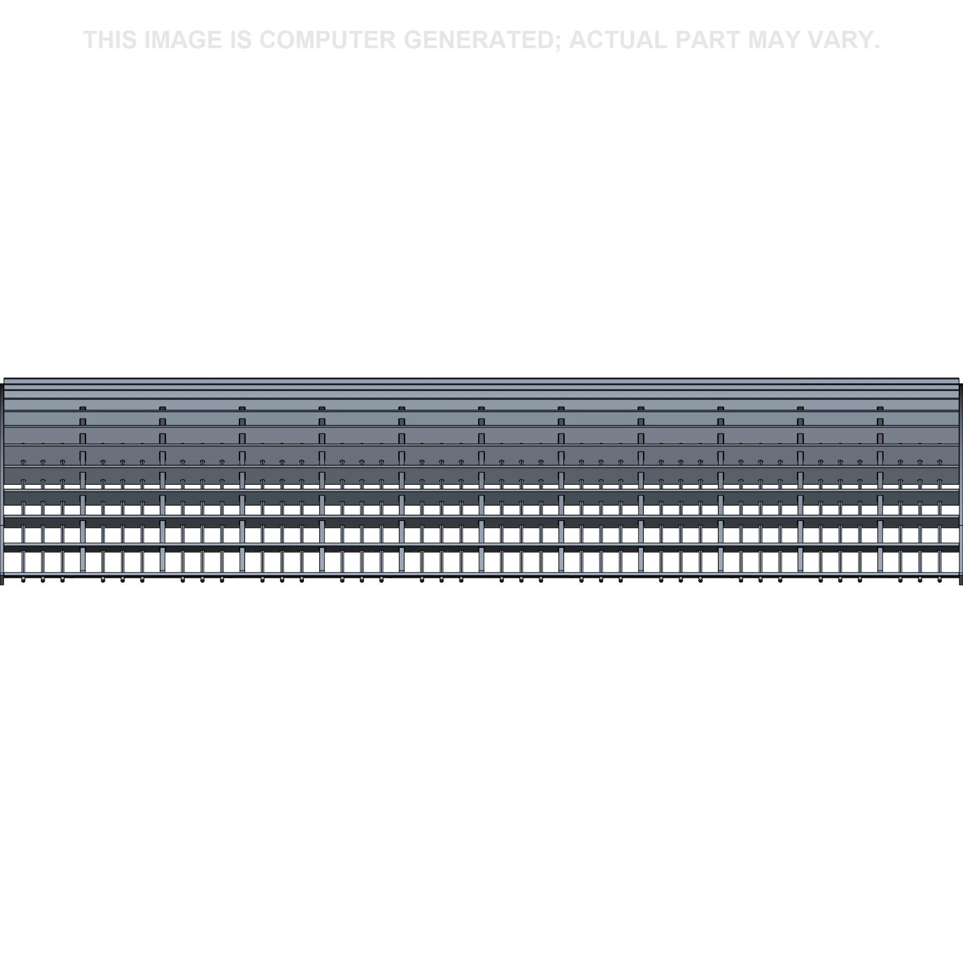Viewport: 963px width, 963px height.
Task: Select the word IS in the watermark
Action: tap(241, 40)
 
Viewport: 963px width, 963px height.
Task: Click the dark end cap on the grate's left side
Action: tap(2, 483)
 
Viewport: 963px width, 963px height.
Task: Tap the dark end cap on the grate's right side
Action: tap(961, 483)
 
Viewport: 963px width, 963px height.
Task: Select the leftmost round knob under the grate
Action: tap(23, 580)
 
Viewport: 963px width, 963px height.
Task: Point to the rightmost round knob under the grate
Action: tap(939, 580)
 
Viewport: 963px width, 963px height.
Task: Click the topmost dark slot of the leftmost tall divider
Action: tap(83, 408)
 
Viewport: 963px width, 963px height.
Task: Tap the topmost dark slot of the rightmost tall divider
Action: tap(880, 408)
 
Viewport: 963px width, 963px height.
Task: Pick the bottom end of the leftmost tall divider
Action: tap(83, 571)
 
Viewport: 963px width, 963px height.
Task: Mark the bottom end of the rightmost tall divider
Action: tap(880, 571)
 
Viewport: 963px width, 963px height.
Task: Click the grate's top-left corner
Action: tap(4, 378)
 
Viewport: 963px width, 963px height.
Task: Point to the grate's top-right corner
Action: tap(959, 378)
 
